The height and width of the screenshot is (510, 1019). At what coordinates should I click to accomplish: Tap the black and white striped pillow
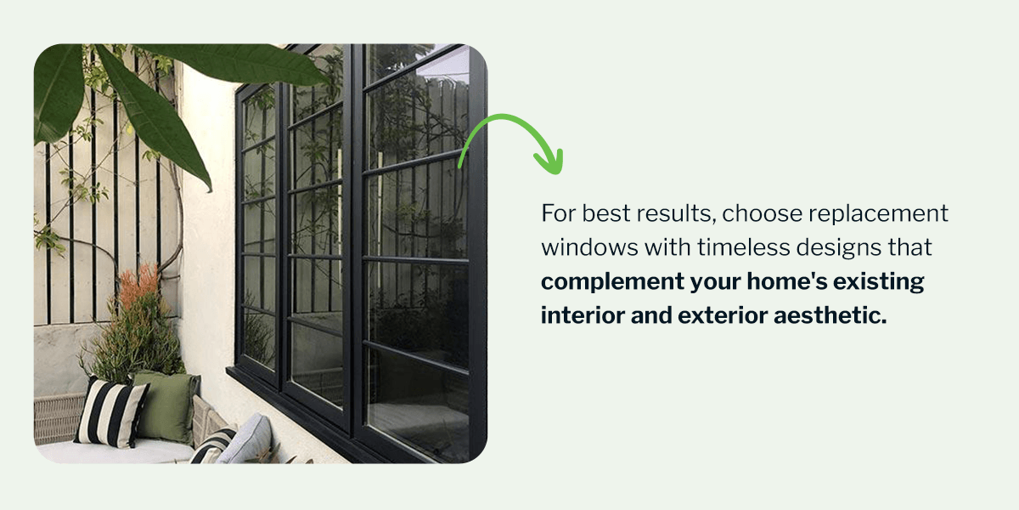point(111,413)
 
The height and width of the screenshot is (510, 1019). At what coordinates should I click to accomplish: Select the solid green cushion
point(166,406)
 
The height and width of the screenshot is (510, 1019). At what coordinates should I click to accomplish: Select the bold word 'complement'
point(612,281)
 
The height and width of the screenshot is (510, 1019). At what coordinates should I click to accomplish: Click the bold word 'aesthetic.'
point(830,315)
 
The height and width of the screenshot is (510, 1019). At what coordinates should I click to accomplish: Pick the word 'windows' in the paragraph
point(589,247)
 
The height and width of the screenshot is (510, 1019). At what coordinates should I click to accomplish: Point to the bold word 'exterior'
point(723,315)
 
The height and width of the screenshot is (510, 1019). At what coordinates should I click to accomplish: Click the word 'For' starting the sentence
point(558,213)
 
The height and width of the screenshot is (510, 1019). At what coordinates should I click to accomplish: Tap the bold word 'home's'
point(786,281)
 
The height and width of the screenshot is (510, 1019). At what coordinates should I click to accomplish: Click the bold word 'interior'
point(583,315)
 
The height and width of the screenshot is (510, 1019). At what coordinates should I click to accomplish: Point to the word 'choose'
point(762,213)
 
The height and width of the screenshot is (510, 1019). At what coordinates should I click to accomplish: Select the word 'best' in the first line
point(605,213)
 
